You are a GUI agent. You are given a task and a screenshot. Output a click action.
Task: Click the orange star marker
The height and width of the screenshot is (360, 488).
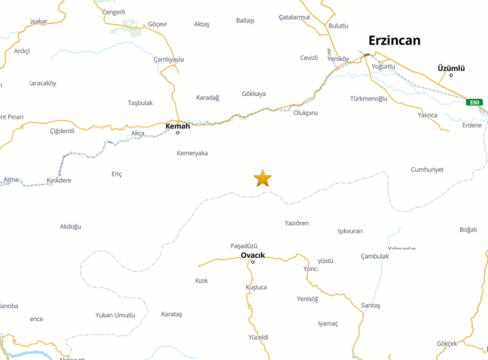(x=263, y=178)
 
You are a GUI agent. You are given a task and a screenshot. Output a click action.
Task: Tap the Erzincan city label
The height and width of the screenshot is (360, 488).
(x=394, y=41)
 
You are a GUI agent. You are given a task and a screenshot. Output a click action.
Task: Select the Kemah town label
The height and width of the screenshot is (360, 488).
(x=177, y=126)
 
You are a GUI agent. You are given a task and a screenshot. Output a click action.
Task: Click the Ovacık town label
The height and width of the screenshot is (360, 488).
(x=252, y=255)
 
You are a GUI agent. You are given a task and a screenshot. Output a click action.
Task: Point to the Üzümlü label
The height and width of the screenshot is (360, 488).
(x=451, y=68)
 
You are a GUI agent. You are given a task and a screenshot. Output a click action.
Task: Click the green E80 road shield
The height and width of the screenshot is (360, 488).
(x=474, y=103)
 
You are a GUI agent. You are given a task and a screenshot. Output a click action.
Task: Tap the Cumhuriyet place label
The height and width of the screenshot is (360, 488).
(x=427, y=170)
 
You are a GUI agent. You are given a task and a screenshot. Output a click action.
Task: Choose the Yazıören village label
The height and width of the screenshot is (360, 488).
(x=297, y=223)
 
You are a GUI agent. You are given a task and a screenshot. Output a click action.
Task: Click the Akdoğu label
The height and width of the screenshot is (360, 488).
(x=70, y=226)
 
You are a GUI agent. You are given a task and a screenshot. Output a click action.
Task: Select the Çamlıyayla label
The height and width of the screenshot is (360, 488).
(x=169, y=59)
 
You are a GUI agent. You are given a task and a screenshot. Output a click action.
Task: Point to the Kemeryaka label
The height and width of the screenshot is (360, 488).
(x=192, y=153)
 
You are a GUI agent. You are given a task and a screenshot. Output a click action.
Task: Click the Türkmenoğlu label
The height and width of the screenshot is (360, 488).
(x=368, y=98)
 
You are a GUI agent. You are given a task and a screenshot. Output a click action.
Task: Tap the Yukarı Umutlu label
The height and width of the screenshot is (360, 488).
(x=115, y=315)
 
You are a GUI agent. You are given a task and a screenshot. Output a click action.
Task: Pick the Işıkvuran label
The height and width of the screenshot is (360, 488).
(x=350, y=231)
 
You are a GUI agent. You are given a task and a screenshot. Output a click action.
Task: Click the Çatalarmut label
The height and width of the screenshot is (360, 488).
(x=294, y=17)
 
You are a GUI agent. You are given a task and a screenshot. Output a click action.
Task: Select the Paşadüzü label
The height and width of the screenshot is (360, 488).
(x=243, y=246)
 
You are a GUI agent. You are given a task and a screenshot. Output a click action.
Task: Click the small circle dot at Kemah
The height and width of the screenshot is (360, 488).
(x=177, y=133)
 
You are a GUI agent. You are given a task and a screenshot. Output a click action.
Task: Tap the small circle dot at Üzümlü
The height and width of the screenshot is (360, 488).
(x=451, y=75)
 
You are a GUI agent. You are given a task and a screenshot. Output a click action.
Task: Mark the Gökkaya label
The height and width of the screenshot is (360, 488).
(x=254, y=94)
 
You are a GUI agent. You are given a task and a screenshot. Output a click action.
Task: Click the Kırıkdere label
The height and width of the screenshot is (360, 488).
(x=59, y=180)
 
